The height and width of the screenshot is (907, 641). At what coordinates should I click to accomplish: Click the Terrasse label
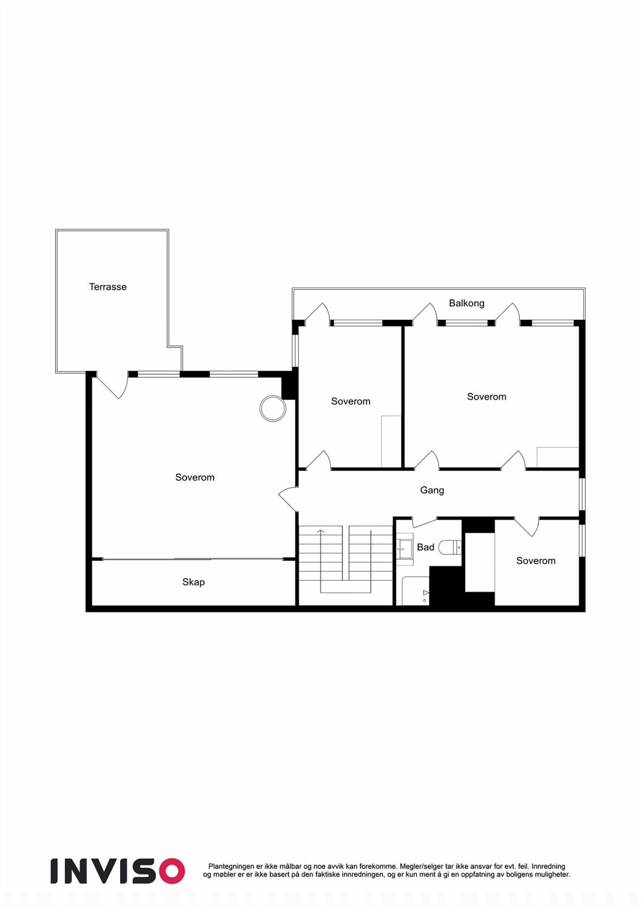108,287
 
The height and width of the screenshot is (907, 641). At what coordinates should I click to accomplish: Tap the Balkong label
466,303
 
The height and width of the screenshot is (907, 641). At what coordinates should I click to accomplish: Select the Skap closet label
193,582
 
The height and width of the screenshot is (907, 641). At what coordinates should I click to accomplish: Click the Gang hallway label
432,490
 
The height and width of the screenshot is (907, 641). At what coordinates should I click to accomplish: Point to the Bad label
425,547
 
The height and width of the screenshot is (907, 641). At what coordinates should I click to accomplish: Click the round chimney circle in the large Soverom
273,408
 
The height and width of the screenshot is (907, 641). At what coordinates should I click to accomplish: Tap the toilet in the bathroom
450,547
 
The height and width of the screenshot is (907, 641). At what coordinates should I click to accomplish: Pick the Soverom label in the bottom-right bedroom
536,561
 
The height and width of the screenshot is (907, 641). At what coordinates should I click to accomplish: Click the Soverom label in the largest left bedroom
194,477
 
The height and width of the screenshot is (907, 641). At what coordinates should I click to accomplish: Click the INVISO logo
117,871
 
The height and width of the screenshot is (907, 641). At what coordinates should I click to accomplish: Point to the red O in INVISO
171,871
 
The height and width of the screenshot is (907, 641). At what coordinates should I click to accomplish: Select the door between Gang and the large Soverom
288,499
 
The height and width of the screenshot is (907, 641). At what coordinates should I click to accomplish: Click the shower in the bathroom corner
415,592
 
